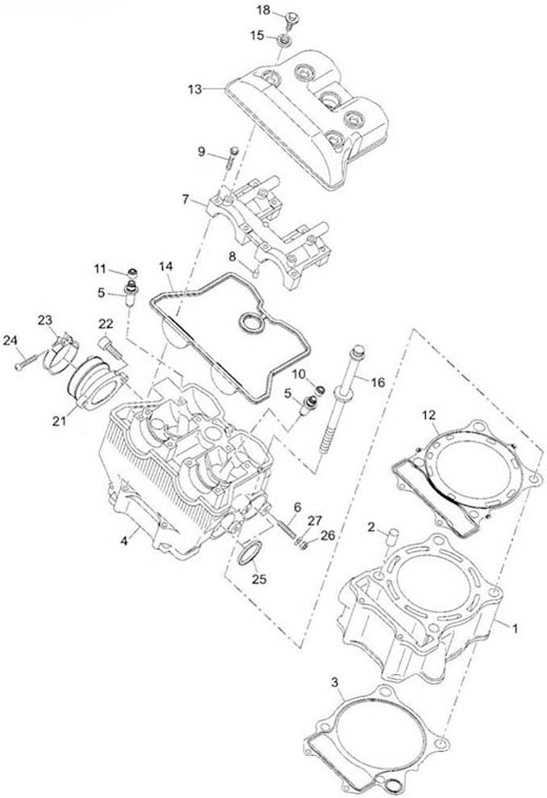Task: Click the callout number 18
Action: [x=263, y=11]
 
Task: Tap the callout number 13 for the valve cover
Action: [x=195, y=88]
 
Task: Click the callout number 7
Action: [x=186, y=200]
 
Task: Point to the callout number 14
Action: [x=166, y=266]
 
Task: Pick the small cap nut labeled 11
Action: [x=131, y=272]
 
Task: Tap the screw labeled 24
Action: [x=28, y=362]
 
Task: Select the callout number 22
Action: [x=106, y=323]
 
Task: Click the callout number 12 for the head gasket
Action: [x=430, y=415]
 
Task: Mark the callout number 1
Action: [x=515, y=629]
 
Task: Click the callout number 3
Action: [x=334, y=683]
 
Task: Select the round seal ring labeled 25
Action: [x=249, y=552]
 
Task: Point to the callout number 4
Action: [x=124, y=541]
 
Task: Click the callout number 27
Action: [x=314, y=521]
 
